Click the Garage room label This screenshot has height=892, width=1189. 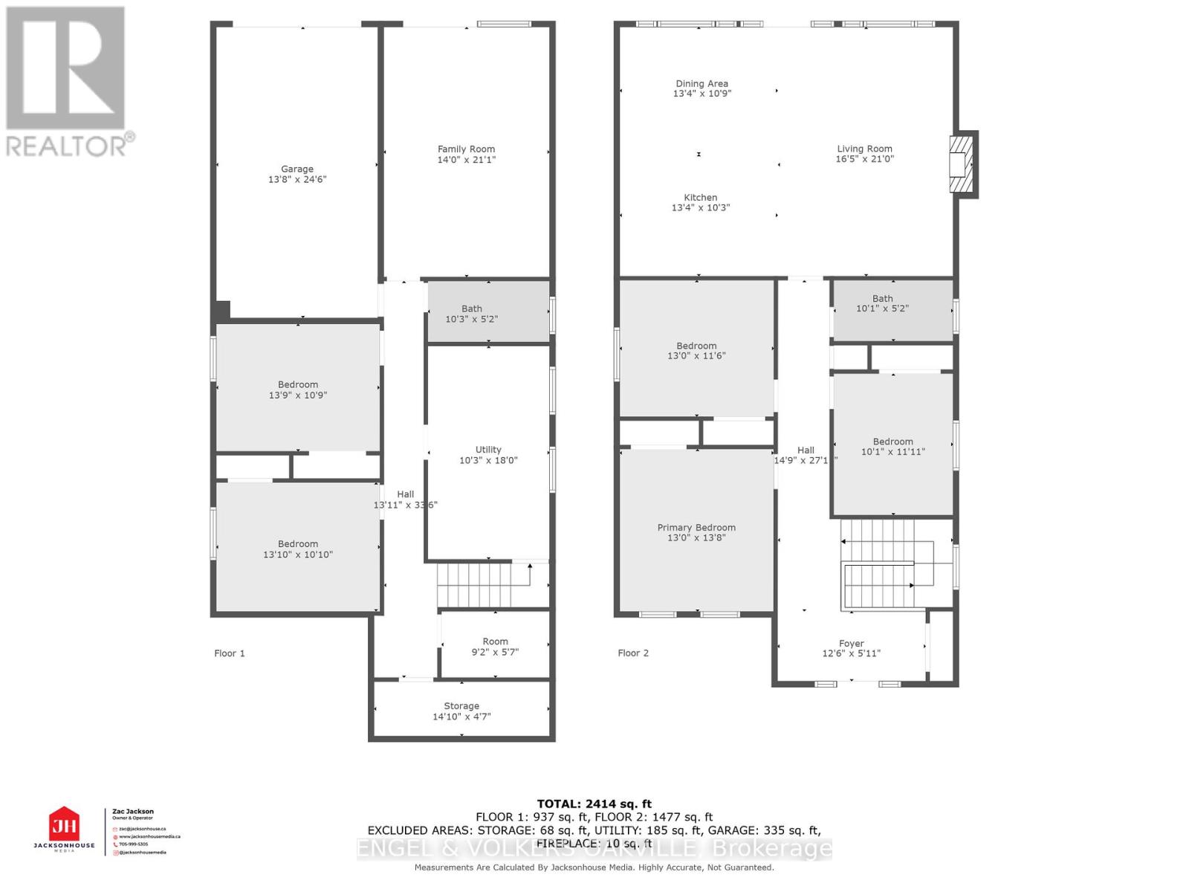(297, 169)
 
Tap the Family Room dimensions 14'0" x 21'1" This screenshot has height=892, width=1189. (466, 160)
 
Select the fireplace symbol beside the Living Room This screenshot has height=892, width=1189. (962, 164)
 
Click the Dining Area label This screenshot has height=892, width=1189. (702, 83)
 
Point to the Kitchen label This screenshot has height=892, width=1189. (700, 197)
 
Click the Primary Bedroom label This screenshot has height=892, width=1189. (696, 527)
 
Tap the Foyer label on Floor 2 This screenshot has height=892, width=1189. (851, 644)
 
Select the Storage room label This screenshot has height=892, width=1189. (461, 705)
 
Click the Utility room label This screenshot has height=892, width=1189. (488, 449)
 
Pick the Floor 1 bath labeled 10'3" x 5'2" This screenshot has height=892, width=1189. (472, 314)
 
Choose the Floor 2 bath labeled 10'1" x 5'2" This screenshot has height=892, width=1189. (882, 303)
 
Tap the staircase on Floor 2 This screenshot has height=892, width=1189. (881, 565)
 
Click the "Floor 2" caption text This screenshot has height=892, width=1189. (633, 653)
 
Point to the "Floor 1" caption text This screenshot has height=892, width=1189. (229, 653)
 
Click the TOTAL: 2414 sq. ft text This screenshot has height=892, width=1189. (594, 804)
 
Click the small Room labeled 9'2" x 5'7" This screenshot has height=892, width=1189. (495, 646)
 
